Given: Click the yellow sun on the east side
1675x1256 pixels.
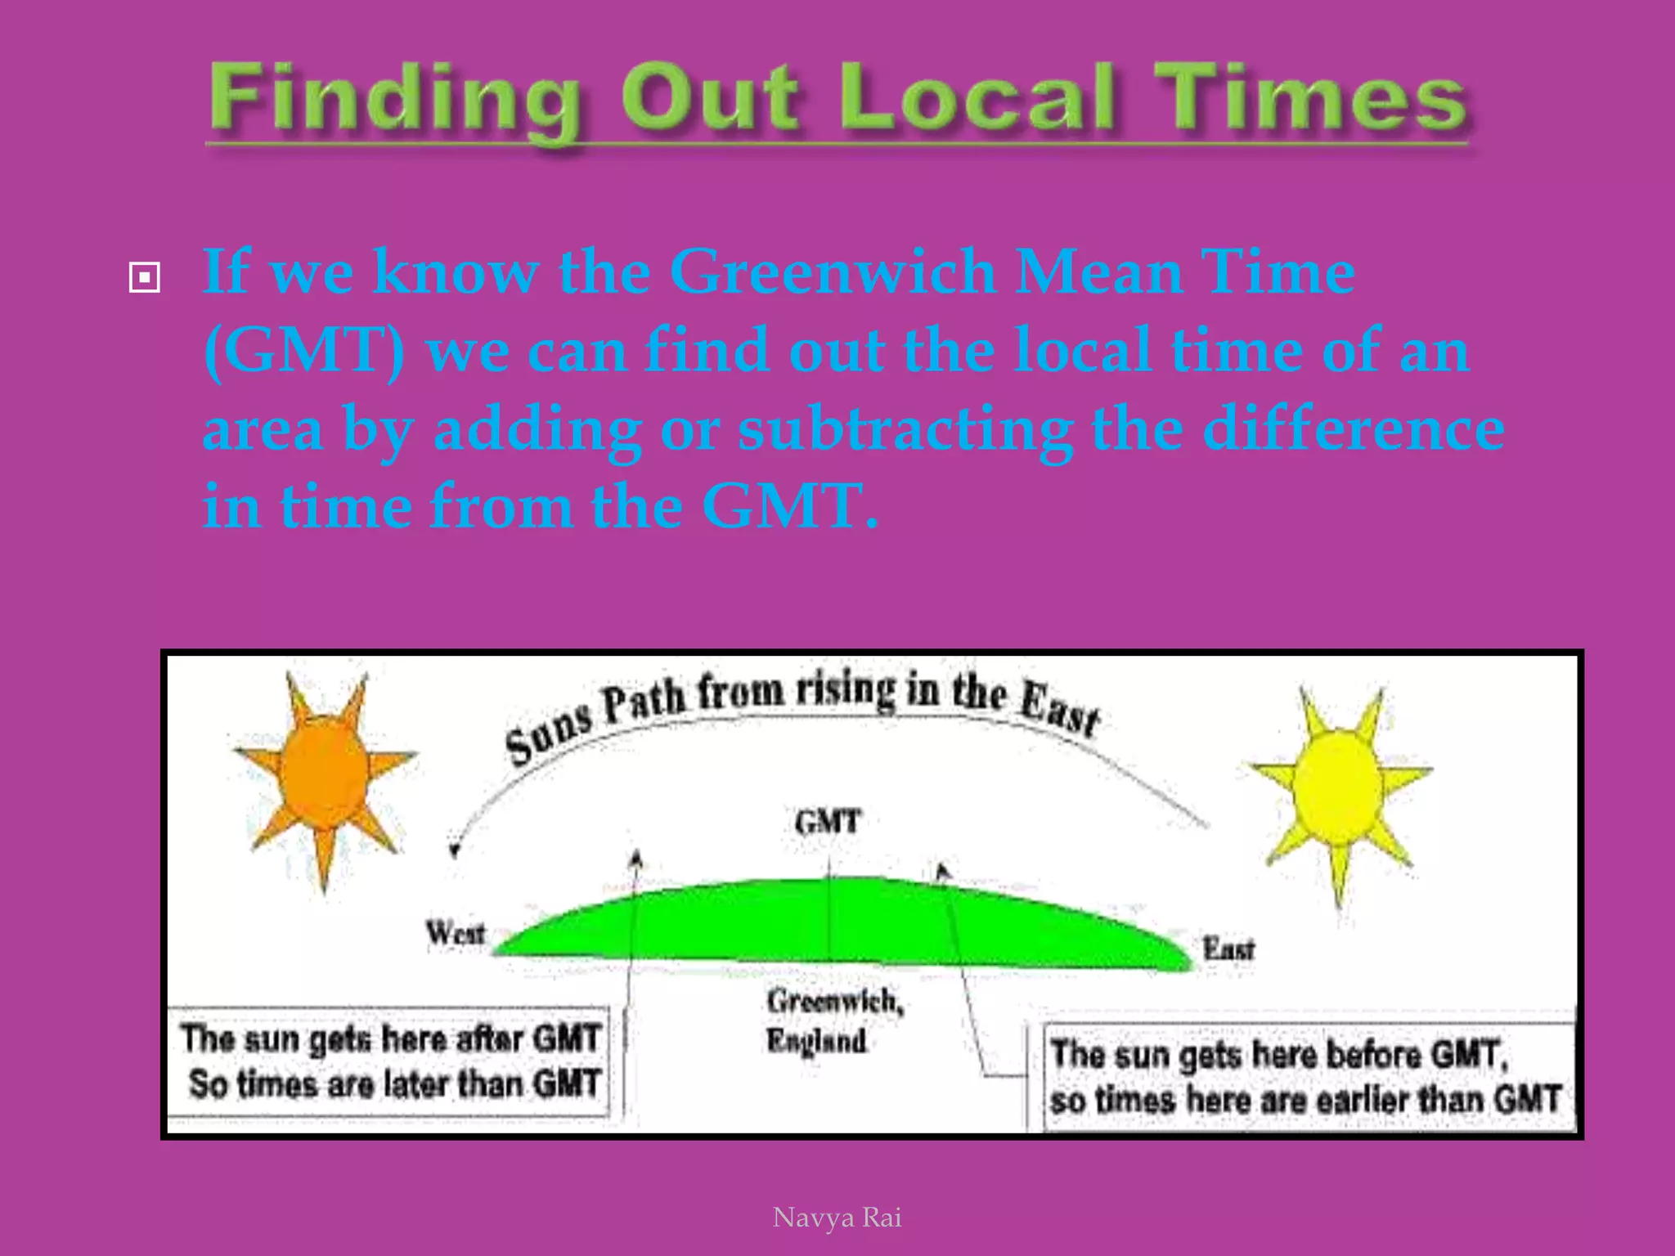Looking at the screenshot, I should [1338, 787].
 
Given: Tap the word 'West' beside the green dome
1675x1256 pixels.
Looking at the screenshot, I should [456, 932].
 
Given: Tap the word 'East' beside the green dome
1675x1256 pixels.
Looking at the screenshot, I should [1228, 949].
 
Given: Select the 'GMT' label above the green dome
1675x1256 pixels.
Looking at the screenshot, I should [828, 821].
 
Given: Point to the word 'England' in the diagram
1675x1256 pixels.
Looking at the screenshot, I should [816, 1041].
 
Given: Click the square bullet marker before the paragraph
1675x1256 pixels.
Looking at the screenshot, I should [145, 277].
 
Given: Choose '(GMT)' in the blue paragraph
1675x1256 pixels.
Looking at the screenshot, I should [304, 350].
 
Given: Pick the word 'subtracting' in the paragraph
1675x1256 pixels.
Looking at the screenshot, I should [905, 429].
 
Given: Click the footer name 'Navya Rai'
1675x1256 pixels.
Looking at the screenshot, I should [837, 1218].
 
